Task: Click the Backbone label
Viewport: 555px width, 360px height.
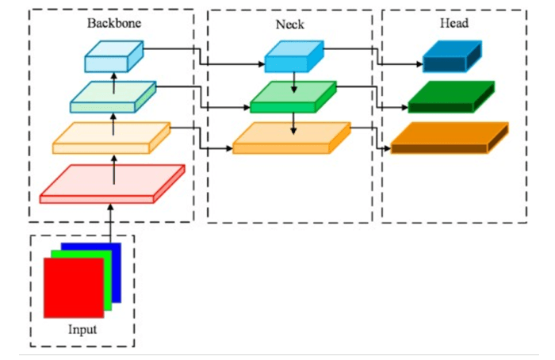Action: pyautogui.click(x=114, y=23)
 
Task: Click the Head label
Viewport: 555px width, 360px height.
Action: pyautogui.click(x=454, y=23)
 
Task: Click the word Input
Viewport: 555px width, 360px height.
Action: pyautogui.click(x=82, y=329)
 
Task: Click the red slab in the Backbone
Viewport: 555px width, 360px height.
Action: pyautogui.click(x=111, y=184)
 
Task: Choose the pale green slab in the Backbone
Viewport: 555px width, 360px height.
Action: pyautogui.click(x=111, y=97)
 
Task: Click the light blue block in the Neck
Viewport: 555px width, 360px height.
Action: pyautogui.click(x=293, y=56)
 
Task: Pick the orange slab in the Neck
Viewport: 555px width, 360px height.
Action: pyautogui.click(x=290, y=137)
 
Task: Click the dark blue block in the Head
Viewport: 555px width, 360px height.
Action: pyautogui.click(x=451, y=56)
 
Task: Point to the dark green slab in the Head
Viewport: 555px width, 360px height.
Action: pyautogui.click(x=450, y=97)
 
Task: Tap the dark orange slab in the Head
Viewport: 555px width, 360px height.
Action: pyautogui.click(x=449, y=138)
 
